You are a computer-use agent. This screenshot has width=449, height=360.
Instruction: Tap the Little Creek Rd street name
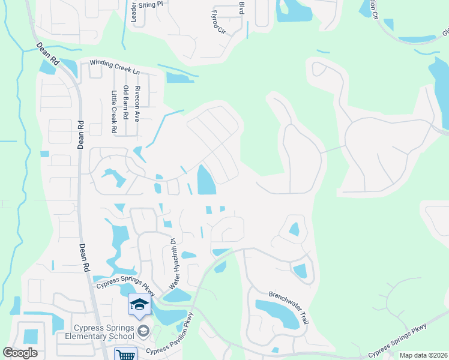click(x=113, y=112)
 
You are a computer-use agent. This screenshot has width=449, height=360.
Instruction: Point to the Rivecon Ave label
click(x=137, y=103)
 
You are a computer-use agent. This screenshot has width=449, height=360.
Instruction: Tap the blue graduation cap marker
click(x=139, y=304)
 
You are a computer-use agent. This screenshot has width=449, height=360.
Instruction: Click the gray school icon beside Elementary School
click(x=143, y=330)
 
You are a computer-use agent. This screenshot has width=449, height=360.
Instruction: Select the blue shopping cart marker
click(x=126, y=355)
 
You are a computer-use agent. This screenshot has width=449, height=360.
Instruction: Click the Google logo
click(x=20, y=353)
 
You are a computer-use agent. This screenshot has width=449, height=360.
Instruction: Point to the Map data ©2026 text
click(x=423, y=355)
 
